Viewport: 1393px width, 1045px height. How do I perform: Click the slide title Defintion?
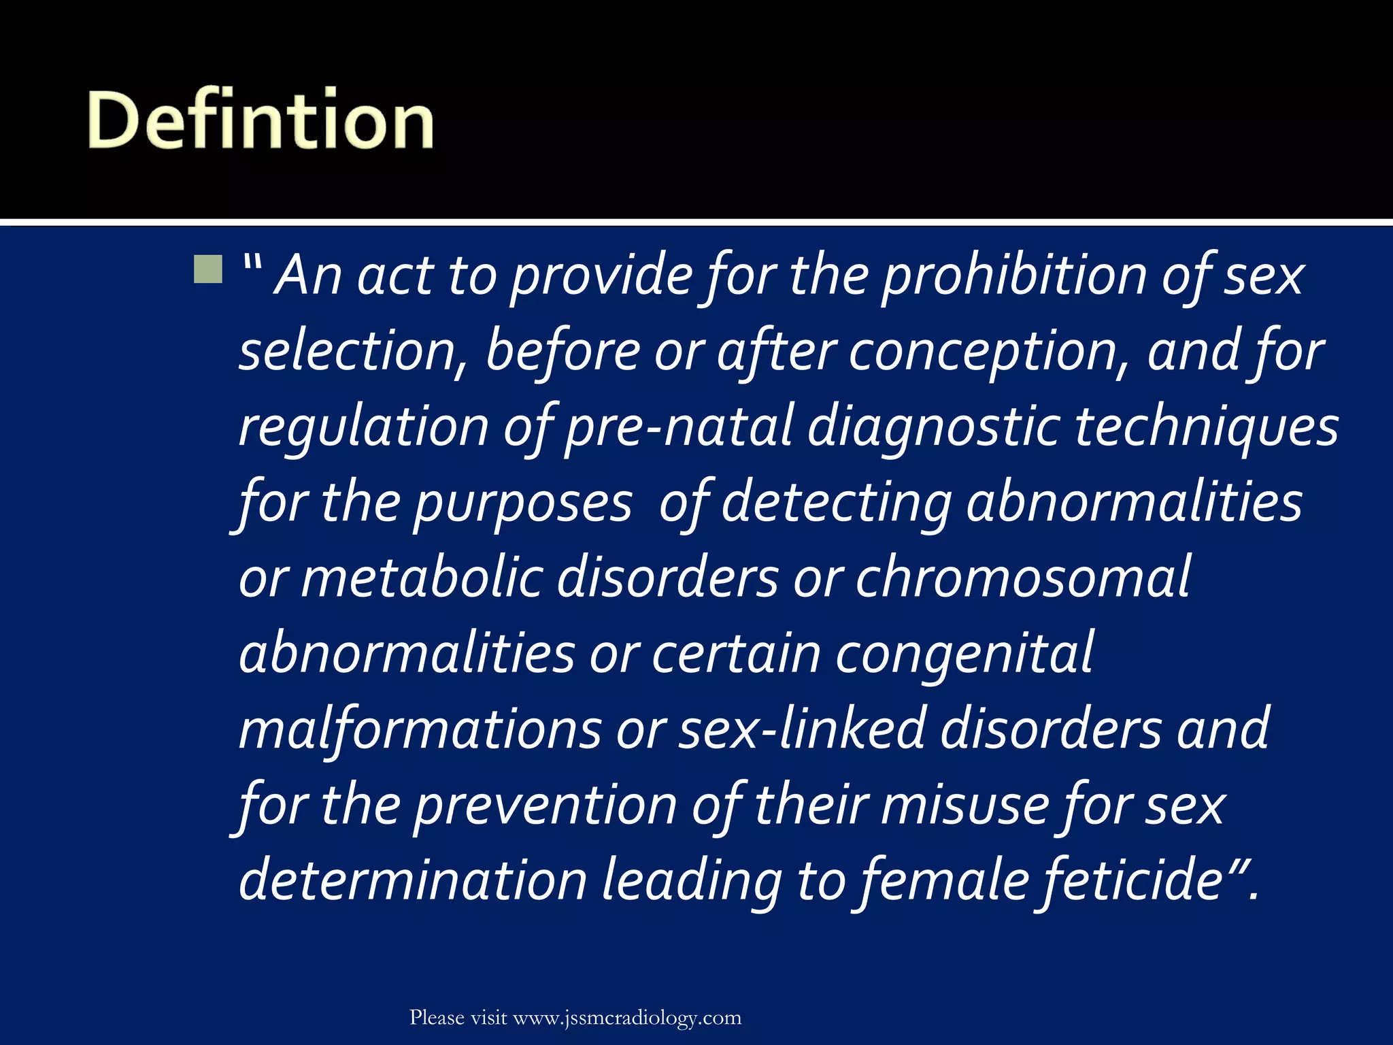click(x=261, y=120)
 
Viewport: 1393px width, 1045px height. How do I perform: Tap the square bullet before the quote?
click(x=207, y=269)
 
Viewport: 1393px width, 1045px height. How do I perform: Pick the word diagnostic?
click(x=933, y=429)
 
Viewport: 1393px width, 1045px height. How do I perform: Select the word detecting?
click(x=836, y=503)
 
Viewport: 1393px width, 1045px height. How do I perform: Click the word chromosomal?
click(x=1022, y=578)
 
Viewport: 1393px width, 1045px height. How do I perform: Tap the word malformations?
click(x=420, y=730)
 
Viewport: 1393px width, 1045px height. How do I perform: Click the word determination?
click(x=413, y=881)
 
